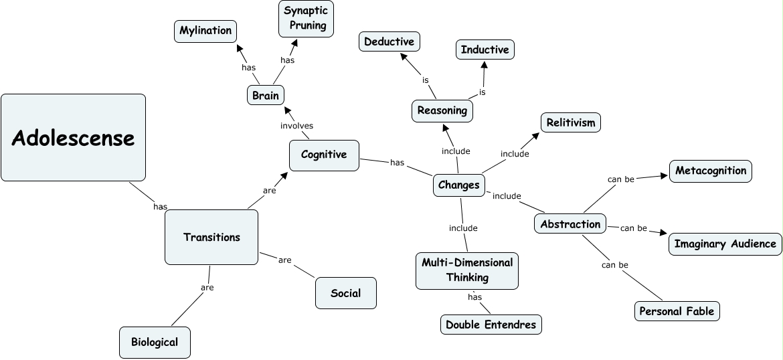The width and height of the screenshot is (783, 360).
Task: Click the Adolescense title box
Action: click(x=74, y=137)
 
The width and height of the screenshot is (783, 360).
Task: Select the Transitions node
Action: click(x=211, y=237)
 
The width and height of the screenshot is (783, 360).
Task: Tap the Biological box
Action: click(x=155, y=343)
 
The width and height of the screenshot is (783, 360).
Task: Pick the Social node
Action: click(x=346, y=293)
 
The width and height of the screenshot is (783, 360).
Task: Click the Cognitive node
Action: click(x=324, y=155)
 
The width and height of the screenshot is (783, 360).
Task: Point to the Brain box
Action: click(x=266, y=96)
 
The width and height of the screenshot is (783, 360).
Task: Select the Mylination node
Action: click(x=205, y=31)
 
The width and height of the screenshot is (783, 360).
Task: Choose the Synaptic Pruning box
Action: click(x=306, y=19)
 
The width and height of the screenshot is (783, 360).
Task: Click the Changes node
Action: click(x=459, y=185)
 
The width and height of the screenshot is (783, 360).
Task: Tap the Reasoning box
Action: click(x=442, y=111)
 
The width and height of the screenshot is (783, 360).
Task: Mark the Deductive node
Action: click(x=389, y=41)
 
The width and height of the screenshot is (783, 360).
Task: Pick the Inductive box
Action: click(x=485, y=50)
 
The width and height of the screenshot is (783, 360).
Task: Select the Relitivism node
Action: click(x=571, y=123)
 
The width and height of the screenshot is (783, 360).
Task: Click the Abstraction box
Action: click(x=570, y=224)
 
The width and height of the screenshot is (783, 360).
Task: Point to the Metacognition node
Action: click(x=711, y=171)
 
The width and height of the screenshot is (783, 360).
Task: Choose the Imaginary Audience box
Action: click(x=725, y=244)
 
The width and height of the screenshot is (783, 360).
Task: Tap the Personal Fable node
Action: click(x=677, y=312)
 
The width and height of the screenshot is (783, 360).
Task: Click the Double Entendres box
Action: click(x=491, y=325)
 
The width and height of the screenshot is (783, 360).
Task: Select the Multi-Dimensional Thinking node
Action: click(x=467, y=270)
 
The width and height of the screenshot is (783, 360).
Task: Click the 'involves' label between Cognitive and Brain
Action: click(x=296, y=126)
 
